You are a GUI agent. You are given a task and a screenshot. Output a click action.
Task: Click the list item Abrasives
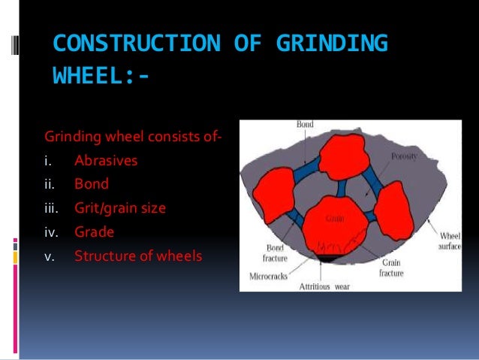pos(106,161)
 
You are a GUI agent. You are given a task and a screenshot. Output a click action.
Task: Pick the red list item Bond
pos(92,184)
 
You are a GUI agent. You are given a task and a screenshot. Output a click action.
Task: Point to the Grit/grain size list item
pos(119,208)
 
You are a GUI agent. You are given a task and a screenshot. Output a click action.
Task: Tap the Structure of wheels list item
pos(138,256)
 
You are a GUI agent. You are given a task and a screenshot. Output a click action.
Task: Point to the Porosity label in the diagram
pos(403,157)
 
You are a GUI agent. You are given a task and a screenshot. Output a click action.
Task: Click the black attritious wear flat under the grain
pos(328,259)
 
